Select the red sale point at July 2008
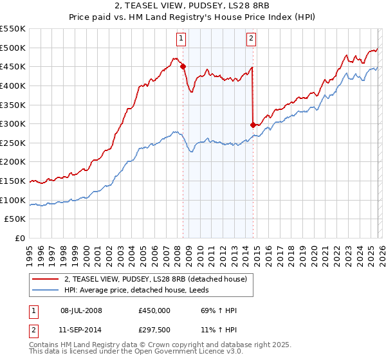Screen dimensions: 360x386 [x=183, y=66]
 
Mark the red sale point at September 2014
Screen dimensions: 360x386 [x=253, y=124]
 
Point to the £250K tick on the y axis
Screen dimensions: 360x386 [x=14, y=143]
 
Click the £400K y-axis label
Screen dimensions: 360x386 [x=14, y=85]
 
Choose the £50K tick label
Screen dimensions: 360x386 [x=16, y=219]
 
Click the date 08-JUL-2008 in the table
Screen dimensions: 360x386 [x=82, y=310]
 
